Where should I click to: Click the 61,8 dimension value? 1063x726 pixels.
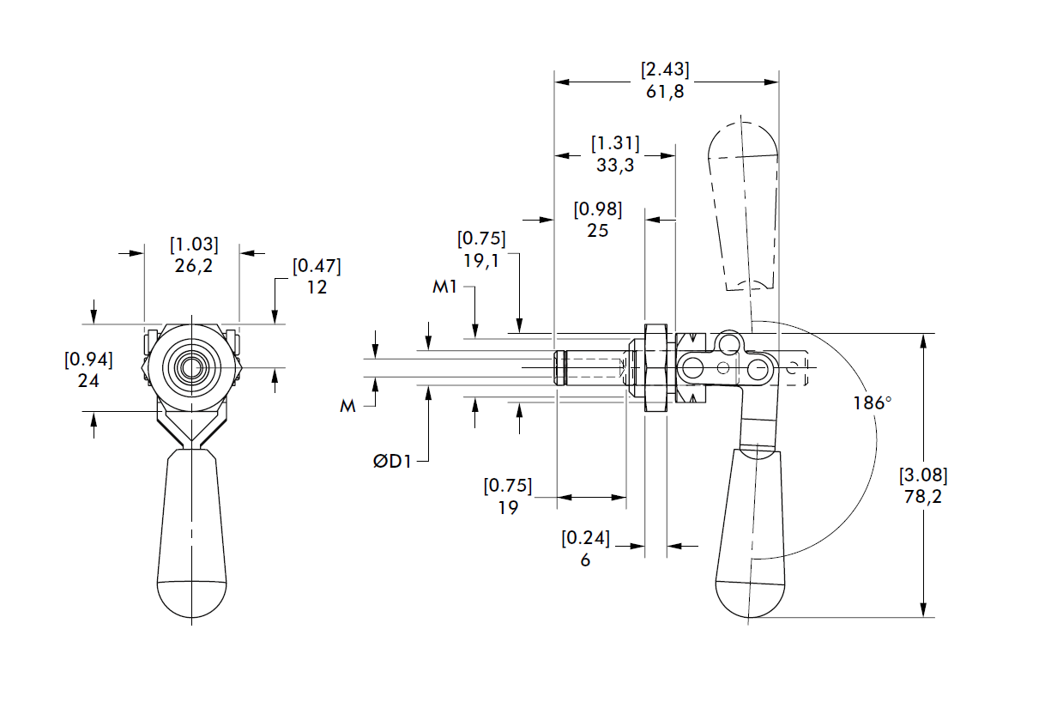665,92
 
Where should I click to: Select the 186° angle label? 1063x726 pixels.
872,403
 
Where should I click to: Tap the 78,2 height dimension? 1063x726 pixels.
923,496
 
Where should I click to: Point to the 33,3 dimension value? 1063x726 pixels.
615,166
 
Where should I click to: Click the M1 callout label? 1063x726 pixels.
444,287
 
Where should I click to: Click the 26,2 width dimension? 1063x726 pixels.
194,266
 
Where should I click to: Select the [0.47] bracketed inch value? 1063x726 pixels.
317,266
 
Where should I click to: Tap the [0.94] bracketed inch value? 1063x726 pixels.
88,359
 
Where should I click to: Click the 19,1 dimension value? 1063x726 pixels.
481,259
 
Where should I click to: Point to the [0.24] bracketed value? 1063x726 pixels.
585,539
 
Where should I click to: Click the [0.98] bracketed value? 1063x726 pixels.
597,209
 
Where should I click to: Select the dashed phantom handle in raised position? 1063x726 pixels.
744,206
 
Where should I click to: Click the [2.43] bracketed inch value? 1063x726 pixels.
665,70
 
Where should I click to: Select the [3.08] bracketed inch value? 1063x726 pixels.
923,475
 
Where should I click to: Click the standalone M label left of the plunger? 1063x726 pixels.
347,406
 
